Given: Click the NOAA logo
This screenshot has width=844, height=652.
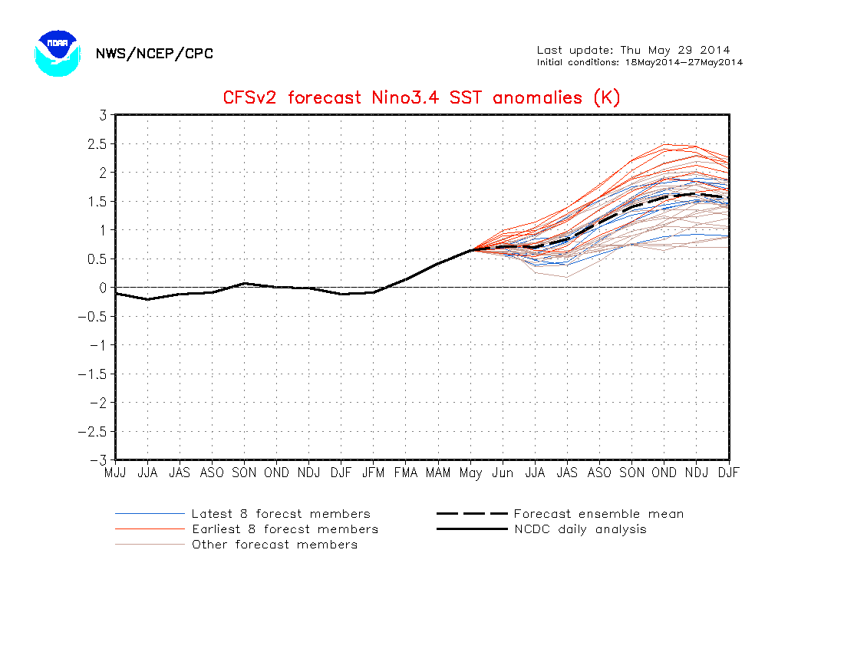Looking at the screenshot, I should click(58, 53).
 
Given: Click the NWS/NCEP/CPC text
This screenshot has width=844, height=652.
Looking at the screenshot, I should click(154, 54).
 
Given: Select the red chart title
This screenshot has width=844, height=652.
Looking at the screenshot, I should click(421, 97).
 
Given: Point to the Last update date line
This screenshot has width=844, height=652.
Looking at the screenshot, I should click(633, 51).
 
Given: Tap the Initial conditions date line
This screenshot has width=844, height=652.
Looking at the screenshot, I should click(639, 62).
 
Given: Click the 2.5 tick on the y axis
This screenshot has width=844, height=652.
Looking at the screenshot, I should click(97, 143).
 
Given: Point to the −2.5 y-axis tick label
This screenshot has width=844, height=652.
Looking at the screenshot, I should click(93, 431).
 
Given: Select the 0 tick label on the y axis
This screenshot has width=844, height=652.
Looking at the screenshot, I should click(101, 288).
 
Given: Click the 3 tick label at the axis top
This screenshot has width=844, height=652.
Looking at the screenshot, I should click(101, 115).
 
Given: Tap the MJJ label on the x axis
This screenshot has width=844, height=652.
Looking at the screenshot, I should click(115, 473).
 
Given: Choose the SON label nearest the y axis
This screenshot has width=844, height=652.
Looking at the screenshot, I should click(244, 473).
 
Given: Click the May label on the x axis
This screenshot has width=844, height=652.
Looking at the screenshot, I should click(470, 473).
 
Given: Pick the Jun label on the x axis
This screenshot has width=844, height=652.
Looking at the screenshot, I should click(503, 473).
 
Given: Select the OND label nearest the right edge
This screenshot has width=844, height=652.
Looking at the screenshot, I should click(664, 473).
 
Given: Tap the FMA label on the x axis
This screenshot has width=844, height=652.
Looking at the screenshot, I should click(406, 473).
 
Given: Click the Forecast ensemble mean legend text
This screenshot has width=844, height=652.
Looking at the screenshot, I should click(598, 514).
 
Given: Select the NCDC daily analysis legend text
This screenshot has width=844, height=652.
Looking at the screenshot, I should click(580, 529).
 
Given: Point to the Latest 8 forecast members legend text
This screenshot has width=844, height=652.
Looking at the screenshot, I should click(281, 514).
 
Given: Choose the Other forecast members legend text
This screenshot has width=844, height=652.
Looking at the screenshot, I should click(275, 545).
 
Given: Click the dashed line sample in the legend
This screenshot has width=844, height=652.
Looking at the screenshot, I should click(472, 514).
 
